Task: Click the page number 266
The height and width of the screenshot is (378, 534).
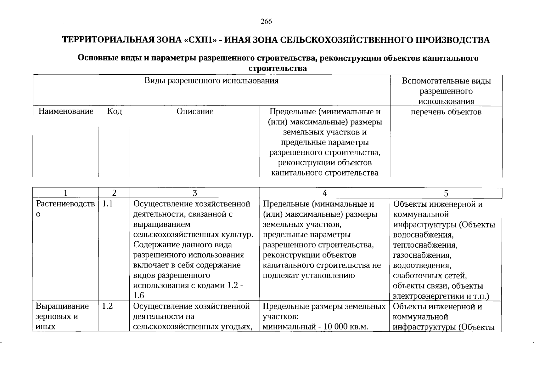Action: [266, 22]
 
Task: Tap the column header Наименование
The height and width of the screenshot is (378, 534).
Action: [66, 112]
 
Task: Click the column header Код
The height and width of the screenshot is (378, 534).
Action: [115, 112]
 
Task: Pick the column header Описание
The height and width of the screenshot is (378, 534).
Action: [195, 112]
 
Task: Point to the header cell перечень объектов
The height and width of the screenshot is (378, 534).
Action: [446, 112]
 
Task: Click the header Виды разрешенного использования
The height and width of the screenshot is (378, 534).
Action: [211, 81]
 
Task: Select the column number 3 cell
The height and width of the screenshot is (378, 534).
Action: [195, 193]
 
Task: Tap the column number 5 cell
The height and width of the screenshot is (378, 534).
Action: [446, 193]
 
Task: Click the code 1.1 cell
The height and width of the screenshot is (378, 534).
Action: [108, 204]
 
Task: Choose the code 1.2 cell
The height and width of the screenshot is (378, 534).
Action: [108, 306]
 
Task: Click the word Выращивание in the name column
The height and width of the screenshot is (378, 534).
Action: [62, 306]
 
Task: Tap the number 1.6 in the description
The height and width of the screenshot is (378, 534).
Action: [139, 296]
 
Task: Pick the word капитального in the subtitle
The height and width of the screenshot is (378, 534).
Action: [449, 58]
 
